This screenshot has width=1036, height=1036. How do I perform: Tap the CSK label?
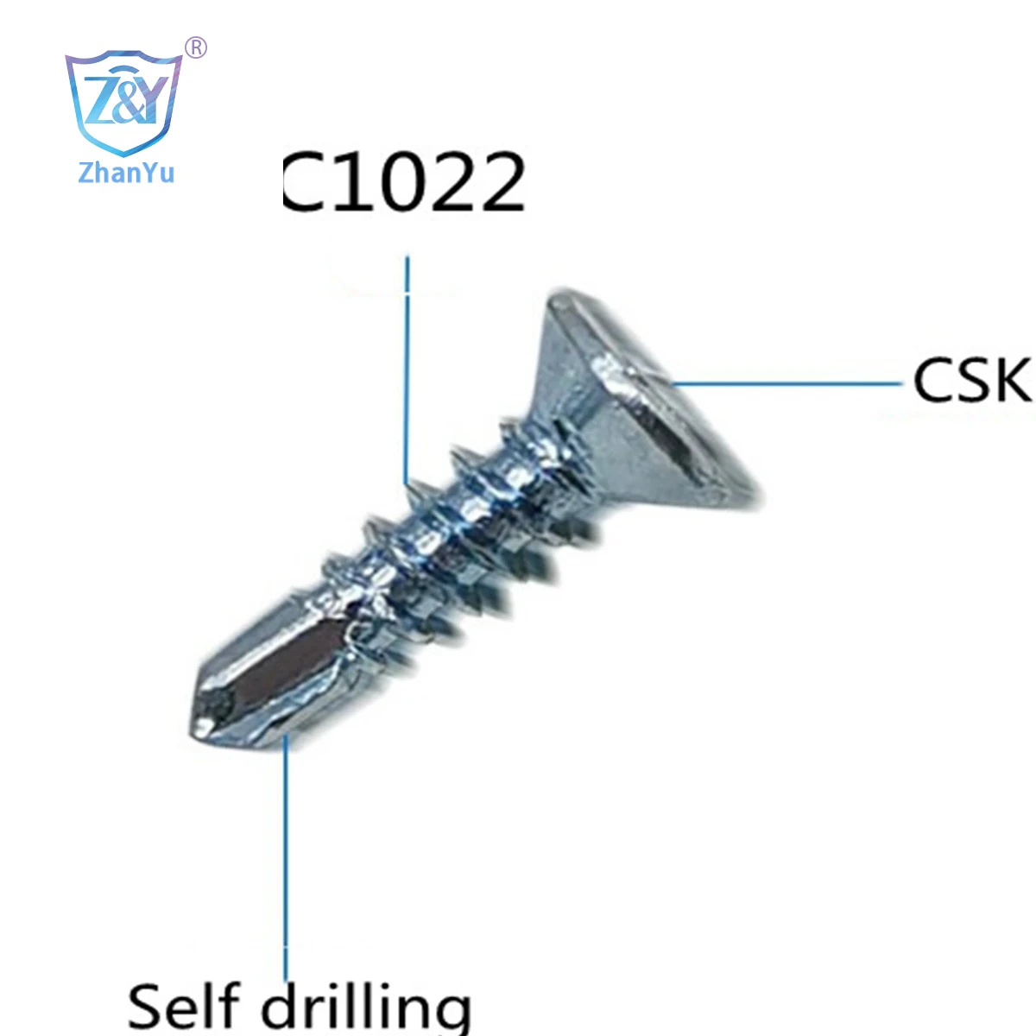click(x=972, y=380)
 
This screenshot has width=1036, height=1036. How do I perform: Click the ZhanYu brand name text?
click(x=126, y=173)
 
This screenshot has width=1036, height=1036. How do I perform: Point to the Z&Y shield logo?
click(x=123, y=102)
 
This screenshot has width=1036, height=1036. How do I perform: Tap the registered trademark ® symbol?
click(x=196, y=47)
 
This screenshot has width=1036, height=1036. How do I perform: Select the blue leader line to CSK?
click(x=788, y=383)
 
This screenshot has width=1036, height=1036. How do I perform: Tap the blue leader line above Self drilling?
click(x=286, y=857)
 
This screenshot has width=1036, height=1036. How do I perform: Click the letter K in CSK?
click(x=1011, y=380)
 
